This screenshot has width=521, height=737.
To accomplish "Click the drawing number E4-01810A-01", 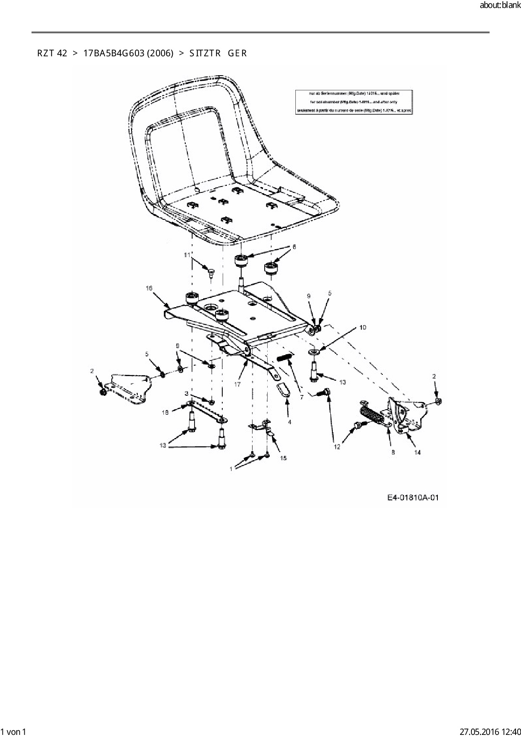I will tap(413, 498).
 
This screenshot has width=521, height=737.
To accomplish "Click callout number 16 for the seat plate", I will tap(149, 288).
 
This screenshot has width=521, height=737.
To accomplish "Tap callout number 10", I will tap(363, 327).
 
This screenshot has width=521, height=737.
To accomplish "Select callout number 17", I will tap(237, 384).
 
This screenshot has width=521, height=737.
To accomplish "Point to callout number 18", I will tap(165, 413).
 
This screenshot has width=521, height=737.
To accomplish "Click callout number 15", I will tap(284, 458).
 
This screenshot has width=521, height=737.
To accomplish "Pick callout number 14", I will tap(417, 452).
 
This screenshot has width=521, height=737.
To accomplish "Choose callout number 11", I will tap(187, 255).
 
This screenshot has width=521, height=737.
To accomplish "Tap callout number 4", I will tap(289, 421).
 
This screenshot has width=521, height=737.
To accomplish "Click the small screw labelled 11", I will tap(211, 272).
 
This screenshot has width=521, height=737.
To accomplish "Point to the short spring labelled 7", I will tap(285, 358).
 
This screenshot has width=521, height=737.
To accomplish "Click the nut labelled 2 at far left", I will tap(103, 392).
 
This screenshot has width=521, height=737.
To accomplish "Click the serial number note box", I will tap(353, 102).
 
